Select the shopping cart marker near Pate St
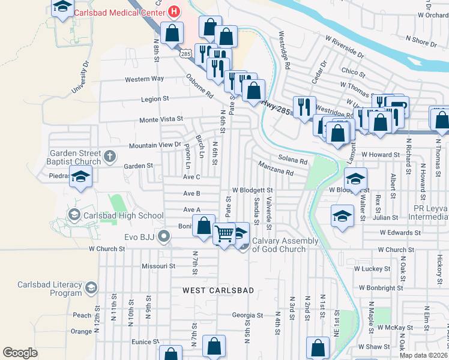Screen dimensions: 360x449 click(x=224, y=234)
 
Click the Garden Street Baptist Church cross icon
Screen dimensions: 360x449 click(x=109, y=157)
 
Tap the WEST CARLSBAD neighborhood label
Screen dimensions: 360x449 click(x=218, y=290)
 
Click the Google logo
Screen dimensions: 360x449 click(x=20, y=352)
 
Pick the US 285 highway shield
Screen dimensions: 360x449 click(x=184, y=54)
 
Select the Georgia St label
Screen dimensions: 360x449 click(x=248, y=315)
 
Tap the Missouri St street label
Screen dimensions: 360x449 click(x=158, y=266)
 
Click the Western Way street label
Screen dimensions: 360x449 click(x=144, y=79)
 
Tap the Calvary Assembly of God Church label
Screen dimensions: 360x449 click(x=285, y=245)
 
